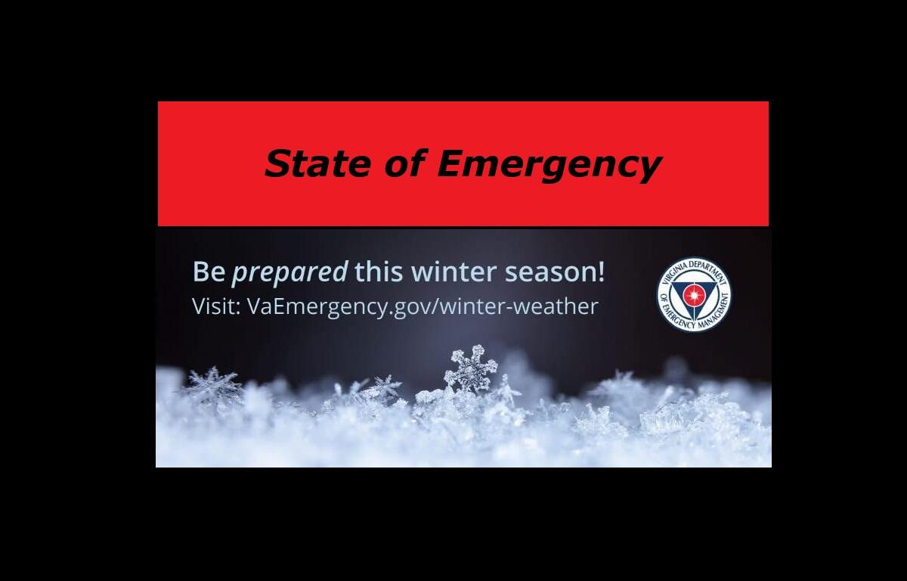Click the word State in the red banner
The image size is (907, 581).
tap(317, 163)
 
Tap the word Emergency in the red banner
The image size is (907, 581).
tap(549, 166)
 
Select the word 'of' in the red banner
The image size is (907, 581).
tap(406, 163)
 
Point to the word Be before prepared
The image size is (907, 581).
tap(209, 272)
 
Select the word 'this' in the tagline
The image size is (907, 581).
tap(379, 271)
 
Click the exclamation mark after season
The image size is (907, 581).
tap(601, 271)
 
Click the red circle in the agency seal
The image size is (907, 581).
tap(694, 295)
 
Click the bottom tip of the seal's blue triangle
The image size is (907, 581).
tap(695, 322)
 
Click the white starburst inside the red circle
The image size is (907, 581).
tap(694, 295)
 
